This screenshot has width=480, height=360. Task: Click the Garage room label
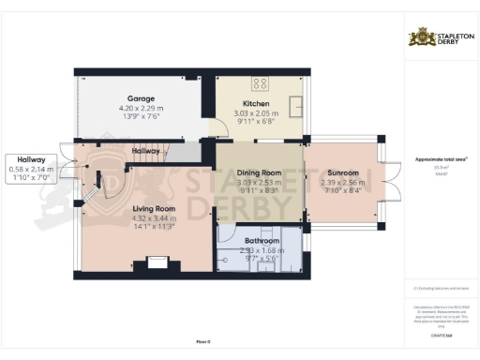(141, 97)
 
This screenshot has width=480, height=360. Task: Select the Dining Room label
(258, 172)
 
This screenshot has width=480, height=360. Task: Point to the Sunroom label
(343, 172)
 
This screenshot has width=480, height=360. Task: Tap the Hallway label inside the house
(145, 151)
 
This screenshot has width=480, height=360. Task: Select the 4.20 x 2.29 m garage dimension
(141, 108)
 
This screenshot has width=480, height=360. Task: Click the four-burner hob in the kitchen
(260, 82)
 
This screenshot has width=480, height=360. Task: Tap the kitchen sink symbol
(295, 104)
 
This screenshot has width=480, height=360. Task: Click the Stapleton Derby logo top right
(441, 38)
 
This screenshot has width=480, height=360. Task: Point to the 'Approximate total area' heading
(440, 158)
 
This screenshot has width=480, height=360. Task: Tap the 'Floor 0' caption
(202, 342)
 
